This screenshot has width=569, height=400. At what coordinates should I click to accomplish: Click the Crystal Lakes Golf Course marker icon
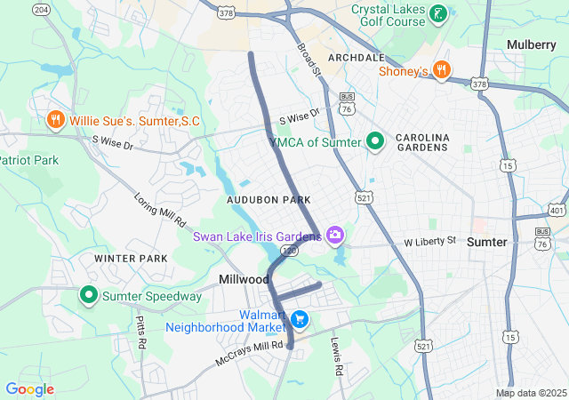click(438, 13)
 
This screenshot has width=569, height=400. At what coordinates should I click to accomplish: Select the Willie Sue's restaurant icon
click(55, 119)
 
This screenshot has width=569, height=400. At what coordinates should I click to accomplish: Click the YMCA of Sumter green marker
click(375, 141)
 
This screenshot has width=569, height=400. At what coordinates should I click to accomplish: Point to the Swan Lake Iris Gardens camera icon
click(335, 236)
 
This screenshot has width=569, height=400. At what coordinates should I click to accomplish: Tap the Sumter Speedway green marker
click(89, 295)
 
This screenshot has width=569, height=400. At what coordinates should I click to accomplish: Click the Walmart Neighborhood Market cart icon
click(300, 318)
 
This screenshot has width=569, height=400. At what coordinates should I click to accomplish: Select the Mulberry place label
click(531, 44)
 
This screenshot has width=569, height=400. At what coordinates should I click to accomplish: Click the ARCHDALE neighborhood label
click(357, 56)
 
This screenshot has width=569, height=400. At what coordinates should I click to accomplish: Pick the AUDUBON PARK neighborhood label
click(268, 201)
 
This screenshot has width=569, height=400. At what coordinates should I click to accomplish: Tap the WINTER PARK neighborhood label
click(132, 259)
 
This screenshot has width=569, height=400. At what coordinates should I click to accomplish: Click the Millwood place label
click(244, 279)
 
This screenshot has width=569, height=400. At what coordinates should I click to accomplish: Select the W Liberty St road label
click(429, 241)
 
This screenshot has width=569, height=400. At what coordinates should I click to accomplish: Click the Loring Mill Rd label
click(161, 209)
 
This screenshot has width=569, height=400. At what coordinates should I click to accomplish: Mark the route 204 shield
click(40, 8)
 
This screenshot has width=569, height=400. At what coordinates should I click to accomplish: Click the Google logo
click(29, 389)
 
